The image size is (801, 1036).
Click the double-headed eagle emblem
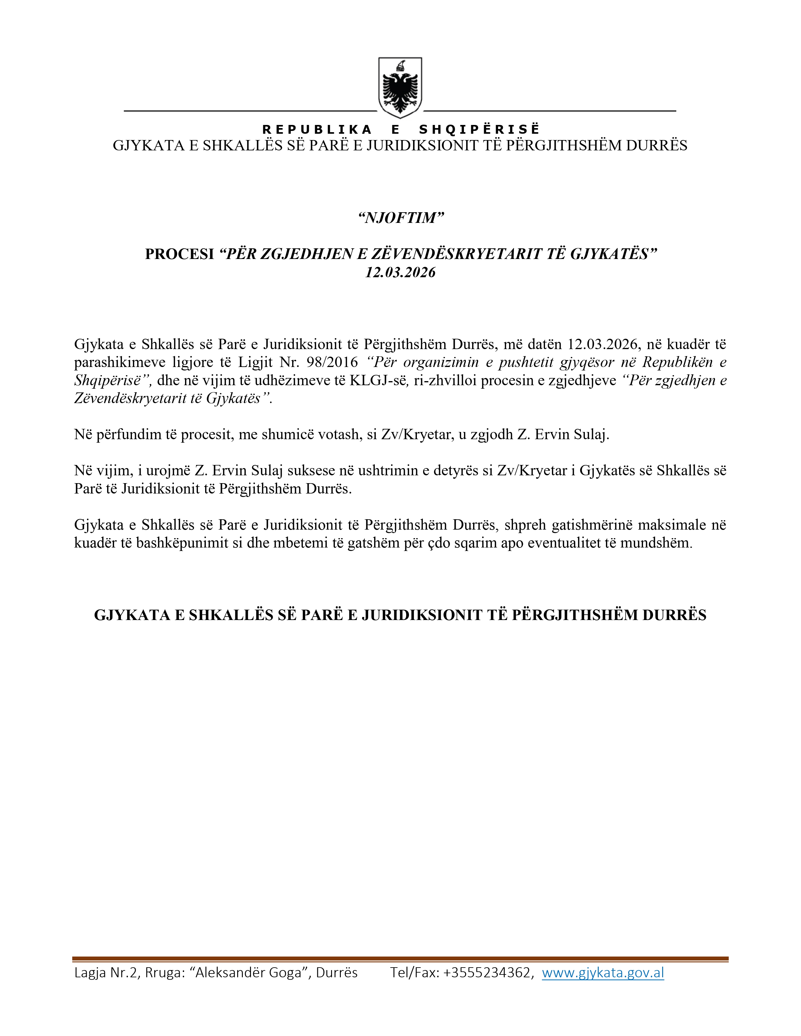click(400, 88)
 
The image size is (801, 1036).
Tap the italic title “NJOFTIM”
click(401, 218)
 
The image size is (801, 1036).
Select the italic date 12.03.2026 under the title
click(400, 272)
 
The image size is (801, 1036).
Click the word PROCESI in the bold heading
click(179, 254)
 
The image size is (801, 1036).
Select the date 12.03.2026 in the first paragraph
click(602, 344)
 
